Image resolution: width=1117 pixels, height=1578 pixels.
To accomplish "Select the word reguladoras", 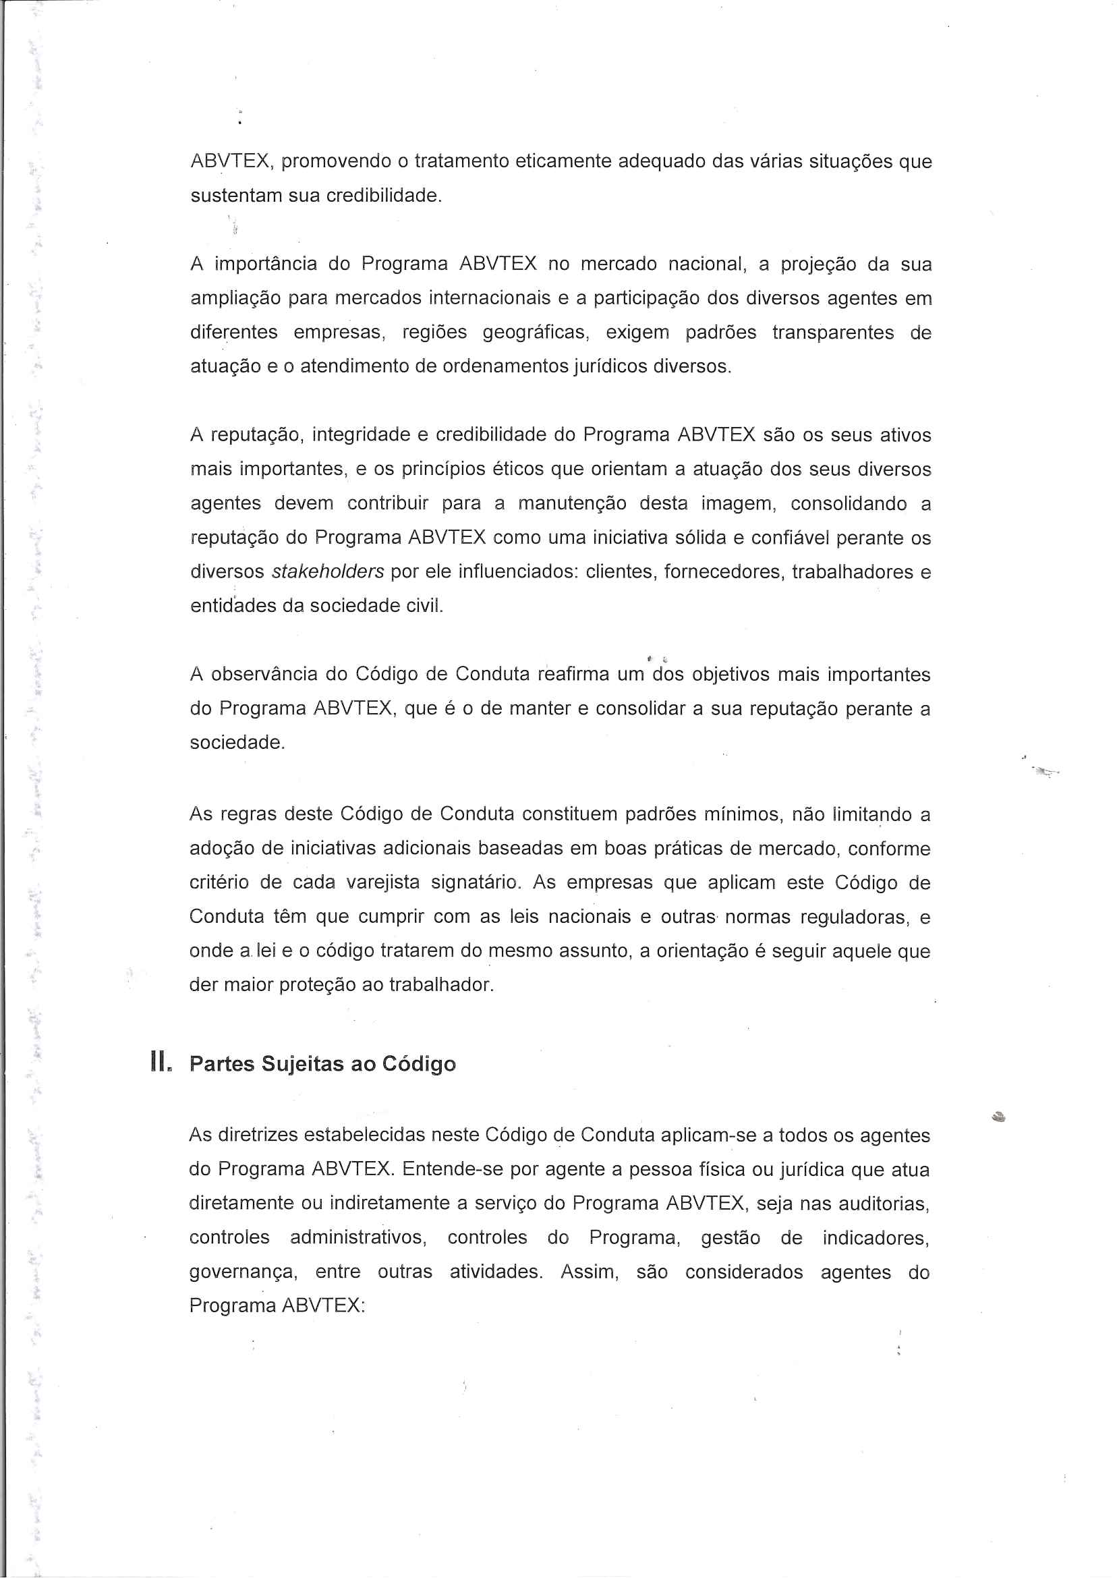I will [x=860, y=917].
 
